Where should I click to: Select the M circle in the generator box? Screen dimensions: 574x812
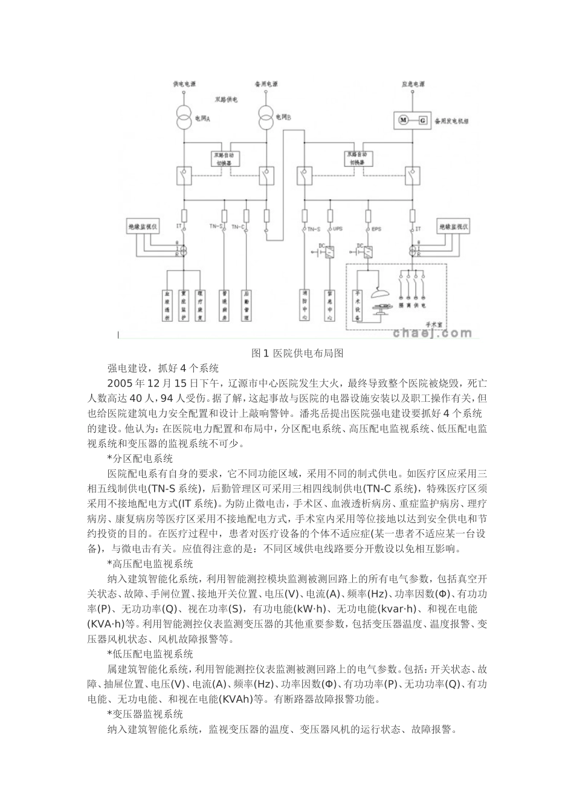[404, 120]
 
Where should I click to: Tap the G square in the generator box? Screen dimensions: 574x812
[422, 120]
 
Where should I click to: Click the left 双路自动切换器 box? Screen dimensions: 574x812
[225, 158]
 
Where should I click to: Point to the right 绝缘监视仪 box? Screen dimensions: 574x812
[454, 227]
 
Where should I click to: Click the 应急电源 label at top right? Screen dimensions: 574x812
[413, 85]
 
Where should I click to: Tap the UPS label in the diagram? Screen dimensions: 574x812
[338, 230]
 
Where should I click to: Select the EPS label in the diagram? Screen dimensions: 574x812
[376, 230]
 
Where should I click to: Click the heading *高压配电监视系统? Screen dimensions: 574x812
[150, 564]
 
